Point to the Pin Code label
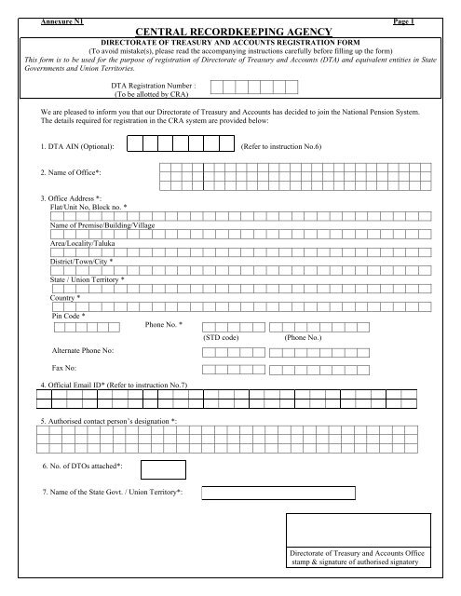70,316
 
